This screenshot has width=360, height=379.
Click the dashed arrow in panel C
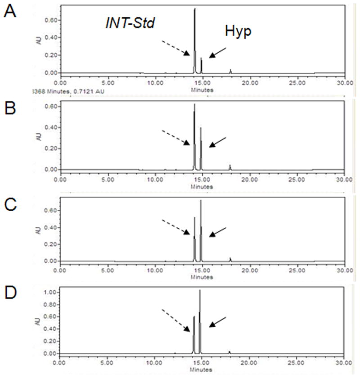tap(176, 226)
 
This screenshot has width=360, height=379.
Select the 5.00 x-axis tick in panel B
tap(107, 179)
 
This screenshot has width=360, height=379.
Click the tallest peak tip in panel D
tap(200, 290)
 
